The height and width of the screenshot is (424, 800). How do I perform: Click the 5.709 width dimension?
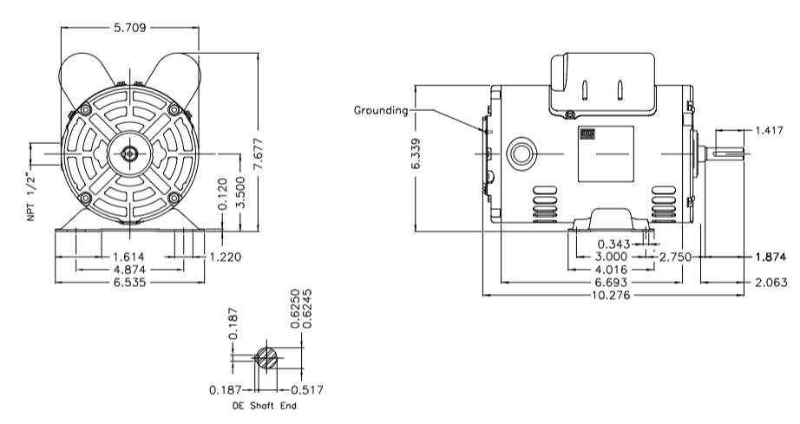[x=130, y=28]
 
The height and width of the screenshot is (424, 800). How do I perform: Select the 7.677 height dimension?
[x=258, y=152]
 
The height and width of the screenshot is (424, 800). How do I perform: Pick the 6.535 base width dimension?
[x=130, y=283]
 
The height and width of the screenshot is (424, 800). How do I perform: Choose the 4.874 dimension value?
[x=130, y=270]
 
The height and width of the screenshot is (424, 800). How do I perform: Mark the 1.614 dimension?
[x=130, y=257]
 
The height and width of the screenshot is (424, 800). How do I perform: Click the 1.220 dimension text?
[x=223, y=257]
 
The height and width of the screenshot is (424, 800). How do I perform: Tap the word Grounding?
[x=381, y=111]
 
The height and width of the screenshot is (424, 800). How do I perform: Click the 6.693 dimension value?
[x=611, y=283]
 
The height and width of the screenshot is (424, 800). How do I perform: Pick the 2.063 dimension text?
[x=770, y=283]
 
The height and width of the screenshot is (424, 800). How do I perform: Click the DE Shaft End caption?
[x=264, y=406]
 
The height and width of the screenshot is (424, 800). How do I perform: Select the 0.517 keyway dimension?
[x=302, y=389]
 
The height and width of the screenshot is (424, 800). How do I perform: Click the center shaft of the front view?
[x=129, y=155]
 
